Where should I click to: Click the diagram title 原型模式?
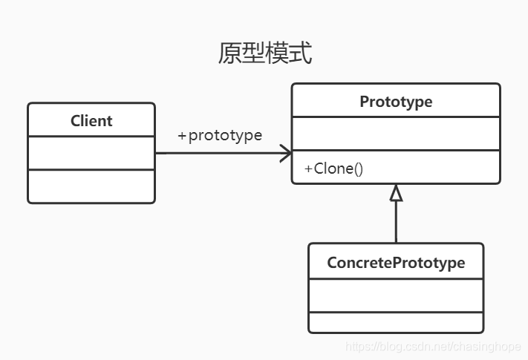pos(264,53)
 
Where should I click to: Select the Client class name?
pos(91,120)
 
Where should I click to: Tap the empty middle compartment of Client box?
pos(91,153)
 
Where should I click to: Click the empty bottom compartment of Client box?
pos(91,186)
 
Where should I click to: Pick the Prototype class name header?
pos(396,101)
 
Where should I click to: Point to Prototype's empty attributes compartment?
pos(396,134)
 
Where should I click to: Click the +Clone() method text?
pos(333,168)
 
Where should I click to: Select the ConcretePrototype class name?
pos(396,263)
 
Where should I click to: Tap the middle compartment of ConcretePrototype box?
pos(396,295)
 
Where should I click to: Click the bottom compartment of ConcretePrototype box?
pos(396,322)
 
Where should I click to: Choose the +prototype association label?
pos(220,136)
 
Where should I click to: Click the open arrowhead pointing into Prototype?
pos(286,154)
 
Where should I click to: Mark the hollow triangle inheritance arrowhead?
pos(396,193)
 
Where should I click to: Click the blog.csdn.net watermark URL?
pos(434,347)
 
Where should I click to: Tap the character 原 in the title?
pos(229,53)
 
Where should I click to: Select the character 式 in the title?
pos(300,53)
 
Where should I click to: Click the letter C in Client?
pos(75,120)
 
